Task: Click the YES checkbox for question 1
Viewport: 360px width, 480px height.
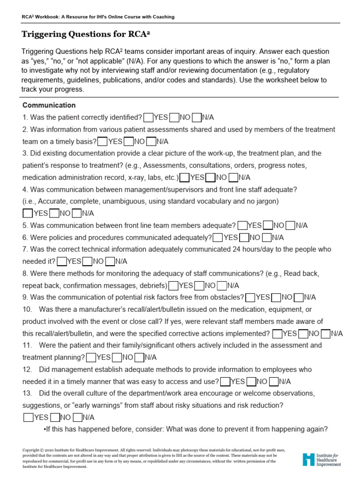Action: (x=149, y=117)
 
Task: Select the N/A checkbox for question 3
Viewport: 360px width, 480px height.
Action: (x=233, y=177)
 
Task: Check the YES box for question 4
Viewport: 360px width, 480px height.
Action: (x=28, y=213)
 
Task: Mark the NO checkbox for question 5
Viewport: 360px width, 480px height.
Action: (x=268, y=225)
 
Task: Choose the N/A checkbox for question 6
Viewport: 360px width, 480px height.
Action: (x=267, y=238)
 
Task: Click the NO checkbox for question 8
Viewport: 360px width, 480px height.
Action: (x=199, y=285)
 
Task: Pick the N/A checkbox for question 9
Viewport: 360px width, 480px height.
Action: (x=299, y=297)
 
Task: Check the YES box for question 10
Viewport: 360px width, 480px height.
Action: (x=277, y=333)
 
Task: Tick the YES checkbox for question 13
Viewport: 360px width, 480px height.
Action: (x=28, y=417)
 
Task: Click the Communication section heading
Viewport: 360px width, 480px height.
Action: (x=49, y=105)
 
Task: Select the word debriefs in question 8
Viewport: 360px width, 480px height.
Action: (x=152, y=285)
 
